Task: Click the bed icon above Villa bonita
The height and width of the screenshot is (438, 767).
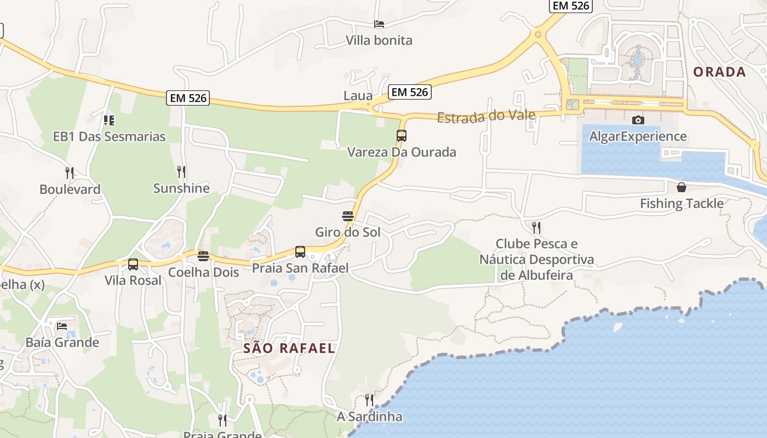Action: [x=379, y=24]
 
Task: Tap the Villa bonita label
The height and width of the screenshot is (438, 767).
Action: [x=379, y=40]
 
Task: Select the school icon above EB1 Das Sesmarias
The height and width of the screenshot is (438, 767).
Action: [x=109, y=120]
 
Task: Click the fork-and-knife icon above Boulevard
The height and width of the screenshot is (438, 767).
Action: [x=70, y=173]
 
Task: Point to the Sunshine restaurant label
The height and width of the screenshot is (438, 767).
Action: [x=181, y=188]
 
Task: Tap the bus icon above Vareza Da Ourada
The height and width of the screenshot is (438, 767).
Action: [x=402, y=135]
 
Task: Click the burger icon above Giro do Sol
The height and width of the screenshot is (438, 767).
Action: [x=347, y=216]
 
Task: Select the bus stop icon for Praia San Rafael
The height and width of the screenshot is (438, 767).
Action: [x=300, y=252]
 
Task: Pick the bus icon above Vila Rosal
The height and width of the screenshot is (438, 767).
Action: [x=133, y=264]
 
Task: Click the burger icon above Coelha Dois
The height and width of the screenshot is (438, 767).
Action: [x=203, y=256]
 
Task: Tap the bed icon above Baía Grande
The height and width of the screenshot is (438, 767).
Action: [x=62, y=326]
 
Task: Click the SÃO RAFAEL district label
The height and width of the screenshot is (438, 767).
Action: [x=289, y=348]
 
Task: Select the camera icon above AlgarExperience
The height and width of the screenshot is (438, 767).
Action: [x=638, y=120]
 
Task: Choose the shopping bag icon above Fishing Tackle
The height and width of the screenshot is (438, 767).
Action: [x=682, y=187]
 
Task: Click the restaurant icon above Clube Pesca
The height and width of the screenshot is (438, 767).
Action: [x=536, y=227]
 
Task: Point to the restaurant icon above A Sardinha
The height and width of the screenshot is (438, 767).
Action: [x=369, y=400]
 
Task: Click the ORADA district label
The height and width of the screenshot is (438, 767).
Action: [x=719, y=72]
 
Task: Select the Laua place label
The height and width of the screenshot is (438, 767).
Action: [x=358, y=96]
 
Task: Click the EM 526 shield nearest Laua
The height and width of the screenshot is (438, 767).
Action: [x=410, y=92]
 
